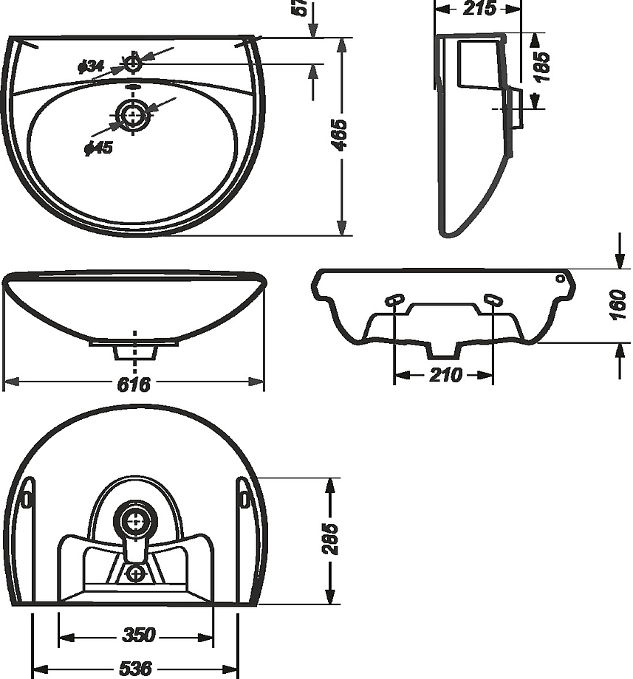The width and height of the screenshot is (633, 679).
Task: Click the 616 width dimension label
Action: pyautogui.click(x=134, y=384)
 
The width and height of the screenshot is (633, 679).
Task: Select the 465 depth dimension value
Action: pyautogui.click(x=340, y=135)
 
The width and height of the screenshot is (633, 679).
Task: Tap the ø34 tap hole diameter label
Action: pyautogui.click(x=91, y=66)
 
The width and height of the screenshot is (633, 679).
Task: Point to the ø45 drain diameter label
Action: pyautogui.click(x=99, y=148)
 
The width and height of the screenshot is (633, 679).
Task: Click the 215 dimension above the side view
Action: pyautogui.click(x=479, y=9)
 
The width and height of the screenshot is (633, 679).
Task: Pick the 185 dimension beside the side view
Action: pyautogui.click(x=541, y=66)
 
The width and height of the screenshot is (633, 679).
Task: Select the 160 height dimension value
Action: pyautogui.click(x=618, y=306)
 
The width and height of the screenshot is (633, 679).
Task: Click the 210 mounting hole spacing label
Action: pyautogui.click(x=446, y=375)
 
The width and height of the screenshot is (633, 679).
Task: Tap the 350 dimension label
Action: pyautogui.click(x=139, y=635)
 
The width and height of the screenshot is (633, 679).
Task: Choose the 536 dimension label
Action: pyautogui.click(x=136, y=669)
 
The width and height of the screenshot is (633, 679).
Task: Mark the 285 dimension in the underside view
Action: pyautogui.click(x=329, y=539)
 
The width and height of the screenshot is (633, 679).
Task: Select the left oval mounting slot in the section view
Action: pyautogui.click(x=394, y=300)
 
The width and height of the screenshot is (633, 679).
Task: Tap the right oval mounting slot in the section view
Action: pyautogui.click(x=493, y=300)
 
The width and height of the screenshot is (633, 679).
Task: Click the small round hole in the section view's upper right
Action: pyautogui.click(x=560, y=278)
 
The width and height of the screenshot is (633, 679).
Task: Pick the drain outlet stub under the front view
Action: pyautogui.click(x=134, y=352)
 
